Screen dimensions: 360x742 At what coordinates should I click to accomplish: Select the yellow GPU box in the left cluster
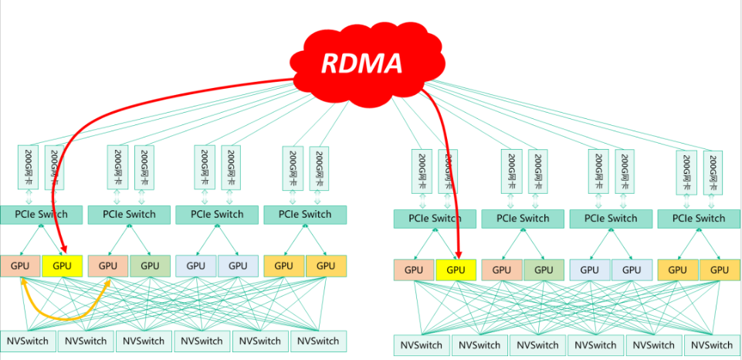click(x=62, y=266)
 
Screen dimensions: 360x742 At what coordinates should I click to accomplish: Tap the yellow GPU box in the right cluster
click(x=456, y=270)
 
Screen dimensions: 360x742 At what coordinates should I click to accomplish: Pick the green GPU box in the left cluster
click(x=150, y=266)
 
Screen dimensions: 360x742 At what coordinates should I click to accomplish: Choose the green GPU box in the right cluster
click(x=544, y=270)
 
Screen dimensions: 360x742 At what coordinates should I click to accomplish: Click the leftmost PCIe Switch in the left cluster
click(x=42, y=214)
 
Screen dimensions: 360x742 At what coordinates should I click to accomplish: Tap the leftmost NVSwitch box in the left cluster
click(x=27, y=341)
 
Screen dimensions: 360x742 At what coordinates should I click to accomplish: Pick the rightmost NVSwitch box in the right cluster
click(x=712, y=345)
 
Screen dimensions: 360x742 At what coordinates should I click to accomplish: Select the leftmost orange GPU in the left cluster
click(x=20, y=266)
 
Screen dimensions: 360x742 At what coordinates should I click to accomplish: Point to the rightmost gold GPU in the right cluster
click(x=720, y=270)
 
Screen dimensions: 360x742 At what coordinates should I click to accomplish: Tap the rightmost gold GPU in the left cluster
click(x=326, y=266)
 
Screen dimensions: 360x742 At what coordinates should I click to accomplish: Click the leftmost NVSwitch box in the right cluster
click(x=422, y=345)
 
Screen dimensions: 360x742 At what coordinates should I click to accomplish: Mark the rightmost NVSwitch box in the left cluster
click(x=317, y=341)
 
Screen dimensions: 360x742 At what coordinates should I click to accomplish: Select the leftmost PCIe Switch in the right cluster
click(x=435, y=219)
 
